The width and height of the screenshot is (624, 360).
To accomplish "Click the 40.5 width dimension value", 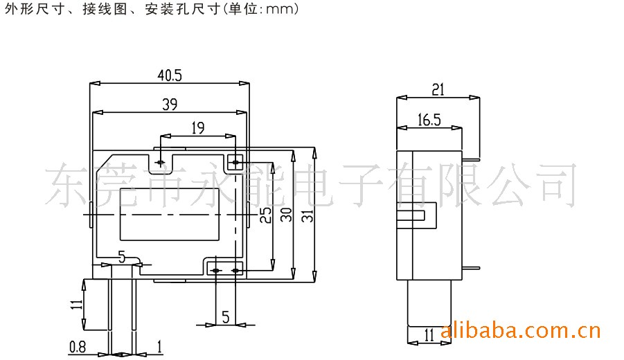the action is click(x=170, y=75).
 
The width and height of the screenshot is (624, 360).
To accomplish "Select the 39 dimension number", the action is click(x=170, y=105).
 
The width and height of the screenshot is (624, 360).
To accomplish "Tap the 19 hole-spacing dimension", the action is click(x=198, y=128).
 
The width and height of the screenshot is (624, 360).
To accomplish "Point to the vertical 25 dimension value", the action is click(x=266, y=215).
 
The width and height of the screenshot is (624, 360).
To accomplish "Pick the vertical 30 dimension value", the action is click(x=287, y=215).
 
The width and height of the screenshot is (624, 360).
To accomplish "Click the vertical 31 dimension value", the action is click(x=308, y=215).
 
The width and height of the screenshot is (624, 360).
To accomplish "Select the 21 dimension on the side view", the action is click(x=438, y=89).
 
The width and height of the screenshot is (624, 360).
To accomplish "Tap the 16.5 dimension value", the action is click(x=429, y=120).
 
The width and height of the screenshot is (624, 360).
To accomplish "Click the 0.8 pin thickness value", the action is click(x=77, y=347).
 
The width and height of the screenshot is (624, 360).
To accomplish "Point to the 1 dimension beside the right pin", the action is click(x=159, y=347).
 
